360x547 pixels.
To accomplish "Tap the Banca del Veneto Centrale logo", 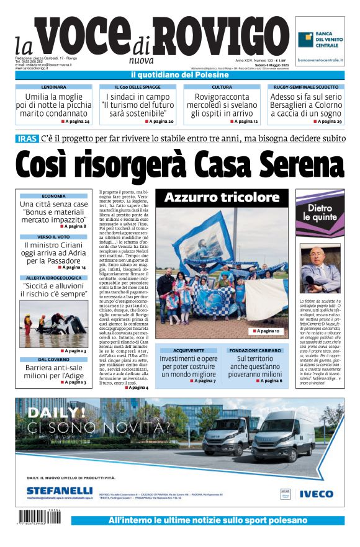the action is point(320,41).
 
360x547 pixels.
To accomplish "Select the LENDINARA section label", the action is point(53,87).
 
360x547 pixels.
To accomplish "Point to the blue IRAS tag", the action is point(27,138).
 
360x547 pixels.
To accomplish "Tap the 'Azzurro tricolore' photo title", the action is point(222,198).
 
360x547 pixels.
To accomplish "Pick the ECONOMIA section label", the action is point(53,196).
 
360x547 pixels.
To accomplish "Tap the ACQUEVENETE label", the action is point(187,350).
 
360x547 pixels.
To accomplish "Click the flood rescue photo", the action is point(53,322).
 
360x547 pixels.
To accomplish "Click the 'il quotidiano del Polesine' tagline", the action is point(180,75).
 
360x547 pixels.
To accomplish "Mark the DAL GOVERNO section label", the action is point(53,360).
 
